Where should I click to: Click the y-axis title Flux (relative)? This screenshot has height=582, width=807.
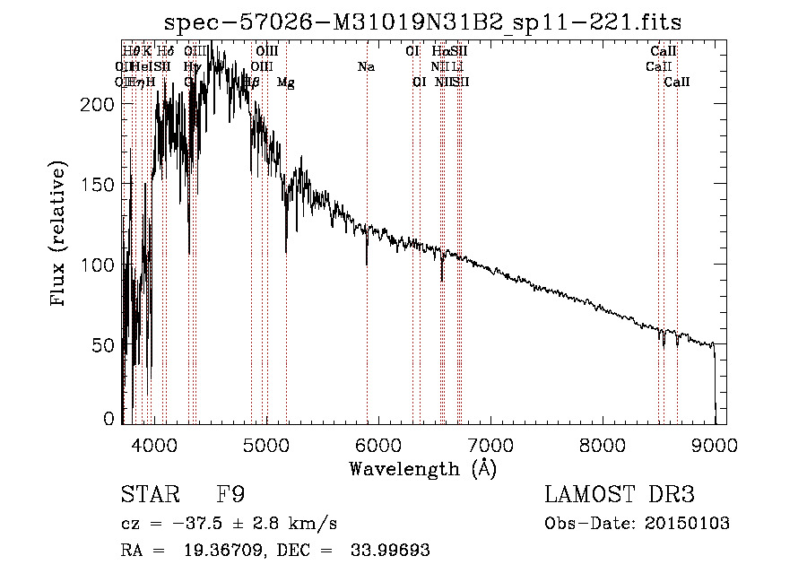point(59,235)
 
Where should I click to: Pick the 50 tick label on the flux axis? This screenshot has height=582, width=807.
point(105,345)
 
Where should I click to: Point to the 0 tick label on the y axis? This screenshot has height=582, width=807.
point(109,419)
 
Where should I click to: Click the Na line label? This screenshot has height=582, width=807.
point(366,67)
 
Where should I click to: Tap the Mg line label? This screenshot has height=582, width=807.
point(286,83)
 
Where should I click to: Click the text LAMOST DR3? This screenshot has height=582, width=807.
point(619,496)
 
